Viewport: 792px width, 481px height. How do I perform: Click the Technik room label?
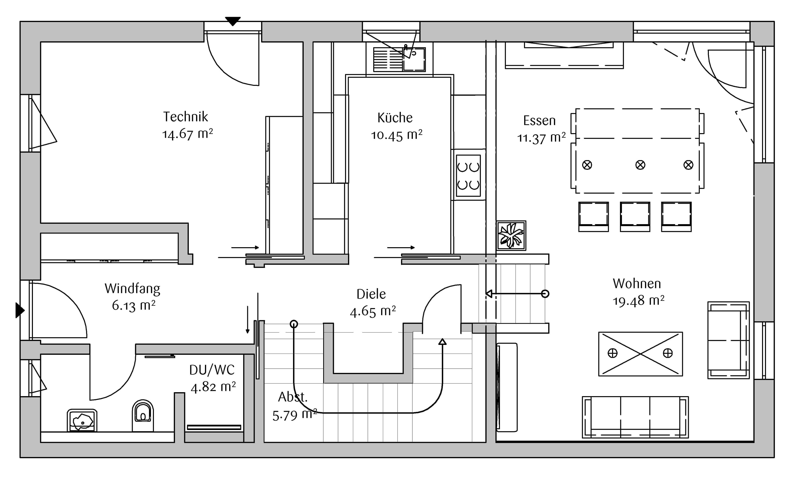click(186, 117)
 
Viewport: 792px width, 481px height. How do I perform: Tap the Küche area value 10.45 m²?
click(397, 135)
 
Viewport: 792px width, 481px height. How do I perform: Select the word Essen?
click(539, 120)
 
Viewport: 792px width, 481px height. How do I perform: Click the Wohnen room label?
click(637, 284)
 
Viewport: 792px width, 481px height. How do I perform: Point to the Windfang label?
click(132, 289)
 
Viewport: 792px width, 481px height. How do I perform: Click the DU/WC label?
click(212, 370)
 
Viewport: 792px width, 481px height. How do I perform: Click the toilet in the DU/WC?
click(143, 415)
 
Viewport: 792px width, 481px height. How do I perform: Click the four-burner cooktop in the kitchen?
click(468, 176)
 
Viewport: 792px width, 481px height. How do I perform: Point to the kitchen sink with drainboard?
click(399, 59)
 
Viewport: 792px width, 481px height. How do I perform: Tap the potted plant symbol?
click(511, 236)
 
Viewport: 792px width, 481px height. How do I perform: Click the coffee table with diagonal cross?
click(640, 354)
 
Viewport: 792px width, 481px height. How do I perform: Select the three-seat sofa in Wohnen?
click(635, 417)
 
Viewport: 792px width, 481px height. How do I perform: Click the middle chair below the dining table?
click(635, 216)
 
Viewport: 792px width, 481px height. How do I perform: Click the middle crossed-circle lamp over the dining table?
click(640, 165)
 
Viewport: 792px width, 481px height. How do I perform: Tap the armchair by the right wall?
click(729, 340)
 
